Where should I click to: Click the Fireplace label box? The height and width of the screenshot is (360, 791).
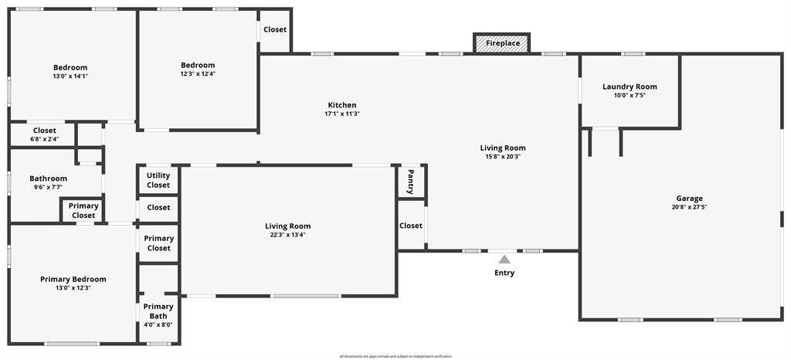(x=502, y=43)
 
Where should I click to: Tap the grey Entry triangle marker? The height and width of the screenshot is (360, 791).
(x=504, y=260)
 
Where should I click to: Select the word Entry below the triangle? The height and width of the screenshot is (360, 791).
(x=504, y=273)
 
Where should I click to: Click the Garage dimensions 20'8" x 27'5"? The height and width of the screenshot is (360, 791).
(x=689, y=207)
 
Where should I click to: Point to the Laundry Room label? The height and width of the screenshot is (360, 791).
(x=630, y=87)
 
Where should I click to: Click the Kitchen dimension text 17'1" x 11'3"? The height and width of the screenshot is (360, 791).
(x=342, y=114)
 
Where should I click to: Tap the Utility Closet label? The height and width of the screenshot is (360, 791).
(x=158, y=181)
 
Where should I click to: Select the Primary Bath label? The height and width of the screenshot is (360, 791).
(x=158, y=311)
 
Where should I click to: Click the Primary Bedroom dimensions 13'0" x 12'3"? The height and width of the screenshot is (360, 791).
(x=73, y=288)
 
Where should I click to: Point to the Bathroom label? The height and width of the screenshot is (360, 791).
(x=48, y=178)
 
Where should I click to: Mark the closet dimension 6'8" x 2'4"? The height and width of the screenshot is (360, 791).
(x=44, y=139)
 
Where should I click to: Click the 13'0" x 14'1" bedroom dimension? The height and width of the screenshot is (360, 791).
(x=70, y=76)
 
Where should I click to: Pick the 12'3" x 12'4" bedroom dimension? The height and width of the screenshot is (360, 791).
(x=198, y=74)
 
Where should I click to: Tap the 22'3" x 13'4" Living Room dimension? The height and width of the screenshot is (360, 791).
(x=288, y=235)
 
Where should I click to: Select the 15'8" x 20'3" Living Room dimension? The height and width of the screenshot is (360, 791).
(x=503, y=157)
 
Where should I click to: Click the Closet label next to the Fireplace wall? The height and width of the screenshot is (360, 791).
(x=275, y=30)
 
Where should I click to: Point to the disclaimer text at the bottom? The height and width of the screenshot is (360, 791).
(x=395, y=356)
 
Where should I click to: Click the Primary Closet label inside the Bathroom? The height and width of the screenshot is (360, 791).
(x=83, y=210)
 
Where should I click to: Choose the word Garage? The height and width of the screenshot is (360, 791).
(x=689, y=199)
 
